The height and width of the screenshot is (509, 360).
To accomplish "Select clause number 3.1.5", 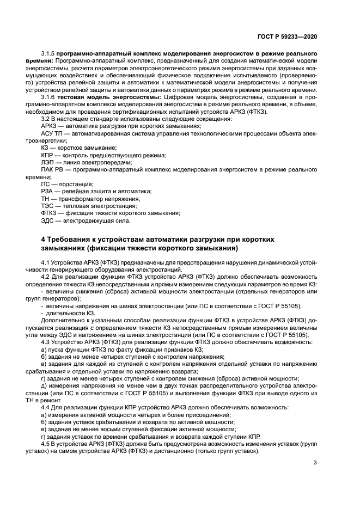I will pos(48,55).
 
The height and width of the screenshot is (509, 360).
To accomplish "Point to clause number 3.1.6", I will pos(48,96).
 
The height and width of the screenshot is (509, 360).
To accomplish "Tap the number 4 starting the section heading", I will pos(44,240).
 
